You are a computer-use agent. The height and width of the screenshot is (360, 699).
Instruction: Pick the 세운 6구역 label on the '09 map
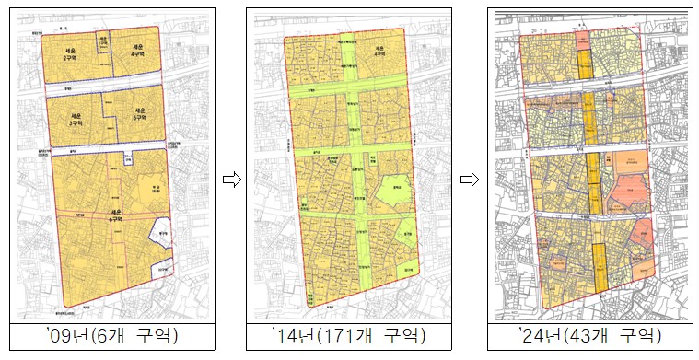point(116,217)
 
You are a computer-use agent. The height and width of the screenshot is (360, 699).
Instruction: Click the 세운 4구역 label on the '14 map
point(376,52)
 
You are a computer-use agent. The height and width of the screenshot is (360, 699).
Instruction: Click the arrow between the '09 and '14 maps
point(231,180)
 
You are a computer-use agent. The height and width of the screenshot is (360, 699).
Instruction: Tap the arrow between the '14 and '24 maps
point(471,180)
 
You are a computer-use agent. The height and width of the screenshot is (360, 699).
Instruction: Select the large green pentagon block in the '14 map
point(385,194)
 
